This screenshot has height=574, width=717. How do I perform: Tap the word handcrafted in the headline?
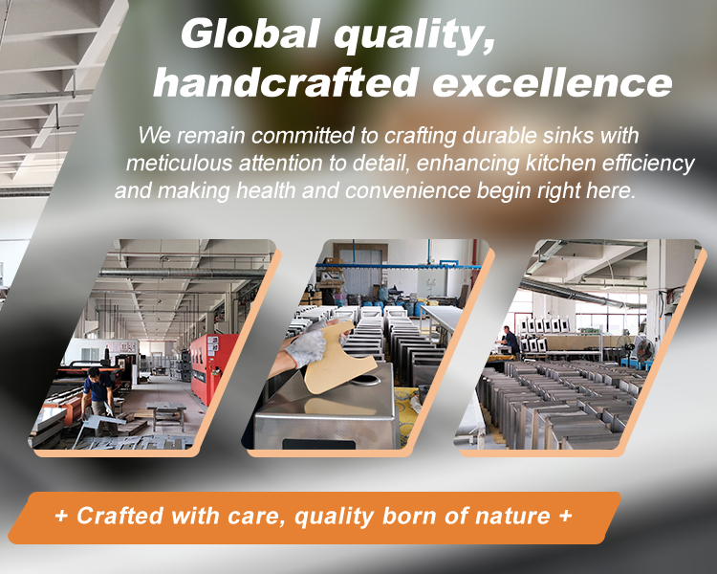[x=285, y=82]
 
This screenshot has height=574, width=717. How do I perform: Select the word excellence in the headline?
[x=553, y=83]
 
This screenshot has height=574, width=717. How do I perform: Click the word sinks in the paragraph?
[x=569, y=136]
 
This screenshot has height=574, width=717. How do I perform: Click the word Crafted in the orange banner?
[x=119, y=516]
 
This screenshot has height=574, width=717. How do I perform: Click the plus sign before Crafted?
[x=61, y=517]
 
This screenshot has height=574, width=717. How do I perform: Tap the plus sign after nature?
[x=565, y=516]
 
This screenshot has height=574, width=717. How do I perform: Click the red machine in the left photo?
[x=211, y=367]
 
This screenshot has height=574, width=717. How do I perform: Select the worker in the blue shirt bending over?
[x=98, y=398]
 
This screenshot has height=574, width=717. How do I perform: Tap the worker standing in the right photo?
[x=510, y=341]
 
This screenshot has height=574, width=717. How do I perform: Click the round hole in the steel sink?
[x=364, y=380]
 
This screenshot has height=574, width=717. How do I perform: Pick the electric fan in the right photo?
[x=644, y=350]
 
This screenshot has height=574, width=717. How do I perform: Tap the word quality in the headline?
[x=414, y=35]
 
